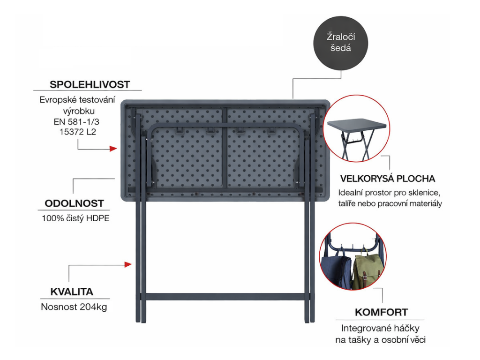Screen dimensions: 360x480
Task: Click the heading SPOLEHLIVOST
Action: pos(90,84)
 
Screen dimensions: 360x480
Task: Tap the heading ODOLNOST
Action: pos(74,203)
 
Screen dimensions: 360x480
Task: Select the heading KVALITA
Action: pos(72,292)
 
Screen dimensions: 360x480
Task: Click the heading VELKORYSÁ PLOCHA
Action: pos(388,179)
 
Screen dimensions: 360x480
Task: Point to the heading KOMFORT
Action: pos(381,312)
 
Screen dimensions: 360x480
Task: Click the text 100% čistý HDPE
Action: pos(75,218)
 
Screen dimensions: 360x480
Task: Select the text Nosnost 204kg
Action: pos(74,307)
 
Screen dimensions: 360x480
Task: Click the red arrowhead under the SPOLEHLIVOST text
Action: pos(113,149)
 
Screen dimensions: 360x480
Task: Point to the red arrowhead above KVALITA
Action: pos(128,264)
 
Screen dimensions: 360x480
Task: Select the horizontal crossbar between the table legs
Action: pos(225,297)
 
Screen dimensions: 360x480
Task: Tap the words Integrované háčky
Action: pos(380,328)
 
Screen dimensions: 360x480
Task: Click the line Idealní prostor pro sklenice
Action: pos(389,193)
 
